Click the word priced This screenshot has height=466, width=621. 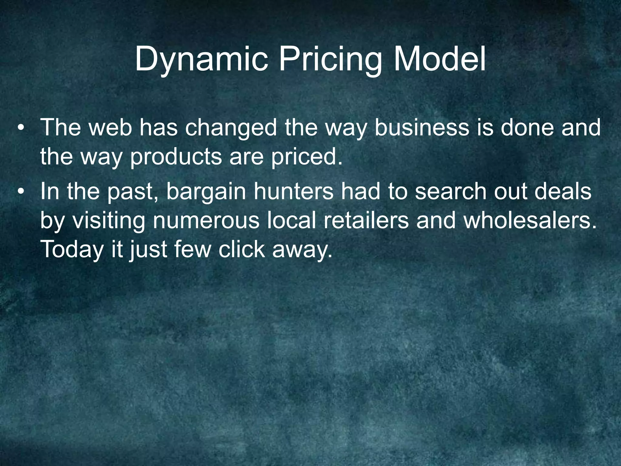[307, 157]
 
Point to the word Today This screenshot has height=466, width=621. [72, 250]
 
